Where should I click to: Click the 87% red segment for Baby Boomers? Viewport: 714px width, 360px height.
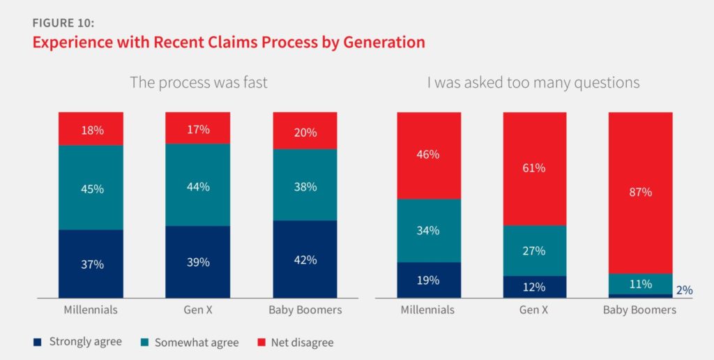(x=639, y=192)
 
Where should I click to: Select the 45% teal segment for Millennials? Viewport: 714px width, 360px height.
(x=91, y=188)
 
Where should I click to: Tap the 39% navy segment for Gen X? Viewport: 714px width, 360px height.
(x=198, y=262)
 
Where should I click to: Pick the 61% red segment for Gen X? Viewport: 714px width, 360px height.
(x=534, y=168)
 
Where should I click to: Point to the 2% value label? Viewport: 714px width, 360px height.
(x=684, y=290)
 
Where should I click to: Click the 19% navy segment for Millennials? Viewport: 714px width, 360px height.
(x=429, y=280)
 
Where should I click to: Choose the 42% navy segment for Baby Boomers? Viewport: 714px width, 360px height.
(x=305, y=259)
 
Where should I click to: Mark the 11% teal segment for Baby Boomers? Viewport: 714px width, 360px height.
(x=639, y=283)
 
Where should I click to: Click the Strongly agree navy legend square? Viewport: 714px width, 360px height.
(x=37, y=342)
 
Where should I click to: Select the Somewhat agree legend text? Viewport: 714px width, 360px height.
(x=197, y=343)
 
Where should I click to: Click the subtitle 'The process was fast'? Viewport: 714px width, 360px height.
(x=199, y=82)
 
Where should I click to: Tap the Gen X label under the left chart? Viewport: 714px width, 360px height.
(x=198, y=310)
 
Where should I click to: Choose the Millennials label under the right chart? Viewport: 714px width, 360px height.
(x=429, y=310)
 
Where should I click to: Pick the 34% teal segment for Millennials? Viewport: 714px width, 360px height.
(x=429, y=230)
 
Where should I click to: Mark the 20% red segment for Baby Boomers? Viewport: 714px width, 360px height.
(x=305, y=130)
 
